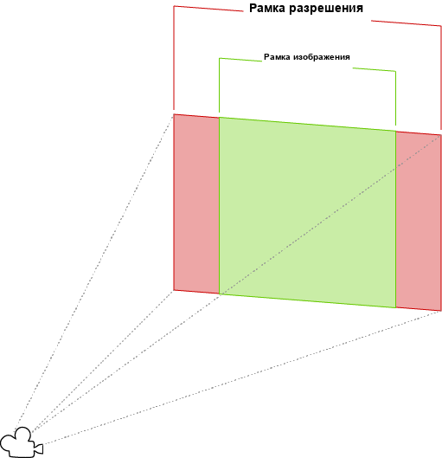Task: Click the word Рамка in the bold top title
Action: tap(267, 8)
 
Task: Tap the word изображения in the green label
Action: tap(322, 57)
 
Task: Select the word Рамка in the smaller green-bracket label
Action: tap(277, 57)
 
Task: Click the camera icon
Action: tap(22, 442)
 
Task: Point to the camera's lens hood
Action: tap(39, 448)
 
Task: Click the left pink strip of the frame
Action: tap(196, 203)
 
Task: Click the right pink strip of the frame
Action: tap(419, 221)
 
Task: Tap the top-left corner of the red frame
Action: tap(174, 114)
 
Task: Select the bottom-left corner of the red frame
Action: tap(174, 290)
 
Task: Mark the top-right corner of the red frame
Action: tap(441, 135)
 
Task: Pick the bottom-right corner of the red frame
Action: tap(441, 311)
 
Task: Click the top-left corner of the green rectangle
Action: tap(220, 118)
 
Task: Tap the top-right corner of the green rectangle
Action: tap(395, 131)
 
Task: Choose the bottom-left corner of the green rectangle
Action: tap(220, 294)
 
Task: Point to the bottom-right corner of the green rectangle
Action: tap(395, 307)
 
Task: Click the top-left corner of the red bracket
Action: tap(174, 6)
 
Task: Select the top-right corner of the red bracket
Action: tap(441, 26)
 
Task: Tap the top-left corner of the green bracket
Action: tap(220, 58)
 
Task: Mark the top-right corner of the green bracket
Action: tap(395, 71)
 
